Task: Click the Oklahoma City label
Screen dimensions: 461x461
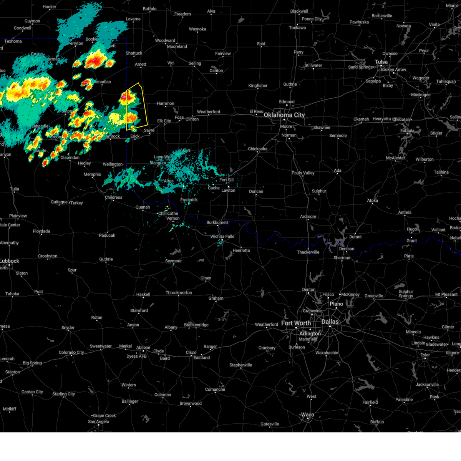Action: (284, 115)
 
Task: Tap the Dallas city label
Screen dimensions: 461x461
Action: (330, 322)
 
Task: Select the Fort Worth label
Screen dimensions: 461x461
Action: (295, 323)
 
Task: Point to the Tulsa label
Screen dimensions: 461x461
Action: (381, 62)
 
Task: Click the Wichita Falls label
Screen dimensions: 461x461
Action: (222, 237)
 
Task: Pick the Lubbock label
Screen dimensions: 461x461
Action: (10, 261)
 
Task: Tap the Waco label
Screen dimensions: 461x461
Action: (307, 415)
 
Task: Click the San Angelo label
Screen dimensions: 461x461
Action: (98, 421)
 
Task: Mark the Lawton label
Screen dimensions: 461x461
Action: (228, 190)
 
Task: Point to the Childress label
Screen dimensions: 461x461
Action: (113, 197)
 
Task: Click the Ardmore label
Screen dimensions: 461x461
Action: (308, 217)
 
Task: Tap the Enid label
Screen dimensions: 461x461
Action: (261, 44)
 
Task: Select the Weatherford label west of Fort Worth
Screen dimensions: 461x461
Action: (266, 325)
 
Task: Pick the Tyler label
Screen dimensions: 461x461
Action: (425, 355)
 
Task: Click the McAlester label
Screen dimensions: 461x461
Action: (395, 158)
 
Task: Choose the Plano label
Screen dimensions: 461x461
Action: (336, 304)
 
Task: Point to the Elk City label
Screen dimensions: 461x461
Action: (164, 121)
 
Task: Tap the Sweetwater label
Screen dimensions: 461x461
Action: (101, 346)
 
